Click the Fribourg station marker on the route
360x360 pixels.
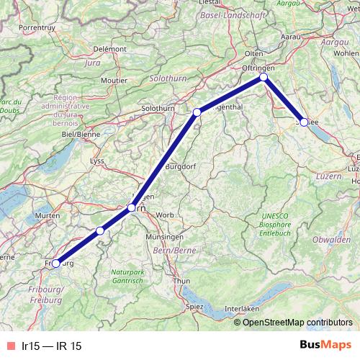(56, 264)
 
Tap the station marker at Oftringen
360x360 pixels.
(264, 76)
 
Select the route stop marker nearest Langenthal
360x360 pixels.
(197, 112)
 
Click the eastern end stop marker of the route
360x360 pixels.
(304, 122)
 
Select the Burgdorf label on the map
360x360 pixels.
(181, 166)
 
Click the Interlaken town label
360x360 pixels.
(241, 308)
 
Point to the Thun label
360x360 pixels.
(183, 281)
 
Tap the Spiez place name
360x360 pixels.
(194, 305)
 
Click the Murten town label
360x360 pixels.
(48, 216)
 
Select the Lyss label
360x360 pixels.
(96, 161)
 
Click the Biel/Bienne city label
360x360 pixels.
(80, 134)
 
